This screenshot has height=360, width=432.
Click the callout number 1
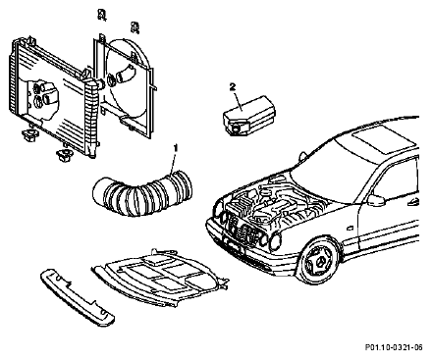[x=176, y=148]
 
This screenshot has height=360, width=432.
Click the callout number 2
[x=233, y=87]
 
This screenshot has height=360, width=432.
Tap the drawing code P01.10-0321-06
[x=394, y=347]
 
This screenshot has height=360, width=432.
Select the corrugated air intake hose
[x=141, y=194]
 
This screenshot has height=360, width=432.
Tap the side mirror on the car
[x=376, y=200]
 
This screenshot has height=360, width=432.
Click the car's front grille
[x=243, y=230]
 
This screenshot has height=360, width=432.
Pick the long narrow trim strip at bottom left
[x=77, y=297]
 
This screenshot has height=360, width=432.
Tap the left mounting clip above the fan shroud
[x=102, y=15]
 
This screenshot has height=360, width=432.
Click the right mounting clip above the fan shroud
[x=135, y=27]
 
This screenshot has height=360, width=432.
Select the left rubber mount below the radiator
[x=29, y=133]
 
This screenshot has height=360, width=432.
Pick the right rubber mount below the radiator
[x=65, y=154]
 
